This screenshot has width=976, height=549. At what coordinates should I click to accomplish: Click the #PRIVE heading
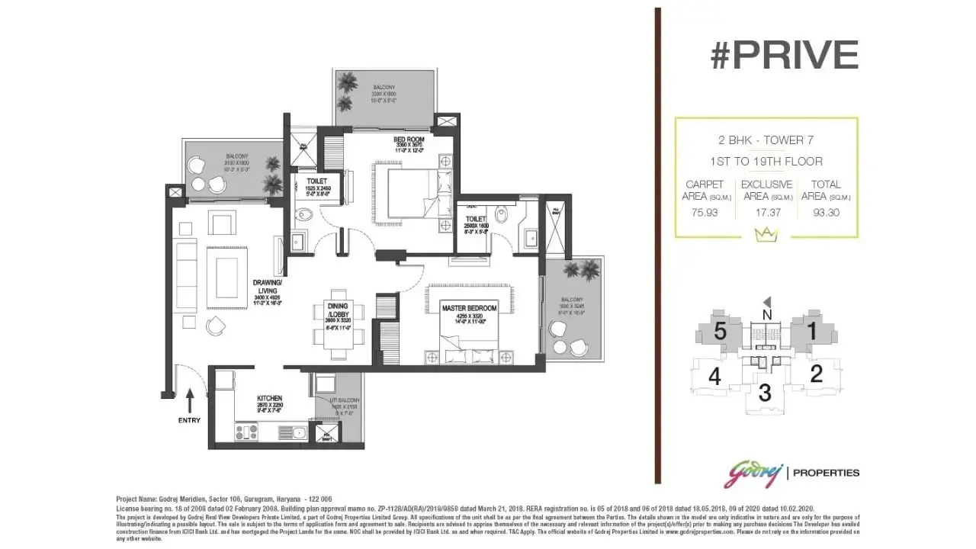[785, 55]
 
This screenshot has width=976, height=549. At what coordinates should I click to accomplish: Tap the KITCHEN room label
[269, 398]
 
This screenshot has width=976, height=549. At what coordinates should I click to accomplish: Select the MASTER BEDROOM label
[469, 308]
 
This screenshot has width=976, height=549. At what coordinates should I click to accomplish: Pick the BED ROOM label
[409, 140]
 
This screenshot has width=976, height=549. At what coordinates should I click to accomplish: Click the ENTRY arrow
[190, 400]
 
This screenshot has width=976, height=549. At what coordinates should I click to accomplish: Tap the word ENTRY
[190, 420]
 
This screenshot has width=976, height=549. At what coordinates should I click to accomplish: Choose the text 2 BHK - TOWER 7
[766, 141]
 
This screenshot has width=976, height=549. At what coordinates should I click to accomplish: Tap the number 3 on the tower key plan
[766, 393]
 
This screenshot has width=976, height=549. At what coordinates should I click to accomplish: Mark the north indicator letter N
[767, 314]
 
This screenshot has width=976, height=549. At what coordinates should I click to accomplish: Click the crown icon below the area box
[766, 236]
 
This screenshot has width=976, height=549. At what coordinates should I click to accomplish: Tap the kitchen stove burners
[246, 432]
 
